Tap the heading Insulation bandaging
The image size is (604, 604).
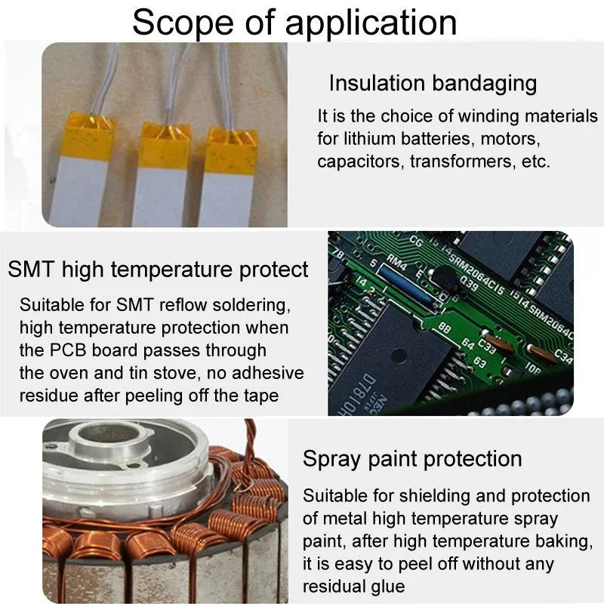point(433,83)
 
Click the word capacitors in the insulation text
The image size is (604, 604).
point(359,162)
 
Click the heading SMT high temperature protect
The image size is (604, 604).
point(158,270)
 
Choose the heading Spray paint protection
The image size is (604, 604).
point(412,458)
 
